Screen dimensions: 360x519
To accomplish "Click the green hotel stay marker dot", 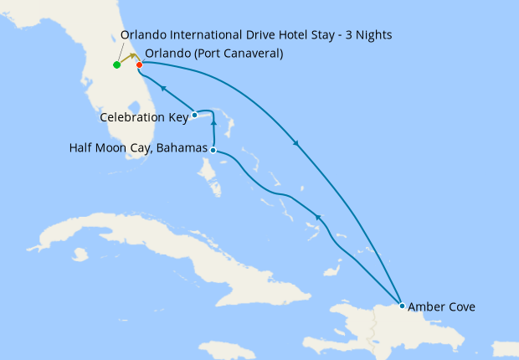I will (x=116, y=64).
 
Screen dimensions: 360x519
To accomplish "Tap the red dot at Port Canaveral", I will (x=139, y=64).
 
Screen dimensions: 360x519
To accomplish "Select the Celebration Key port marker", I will (x=194, y=115).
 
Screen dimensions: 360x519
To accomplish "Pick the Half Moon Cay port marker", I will (x=213, y=150).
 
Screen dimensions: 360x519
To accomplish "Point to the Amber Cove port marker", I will (x=403, y=306).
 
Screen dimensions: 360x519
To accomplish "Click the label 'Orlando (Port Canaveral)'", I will (x=213, y=54).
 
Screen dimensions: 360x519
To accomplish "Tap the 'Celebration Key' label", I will (x=144, y=117).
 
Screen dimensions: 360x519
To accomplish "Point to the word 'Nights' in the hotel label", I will (x=373, y=34).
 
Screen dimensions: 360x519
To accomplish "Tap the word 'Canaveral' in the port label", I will (x=251, y=54).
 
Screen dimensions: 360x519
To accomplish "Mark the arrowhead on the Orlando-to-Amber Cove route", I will (x=296, y=143).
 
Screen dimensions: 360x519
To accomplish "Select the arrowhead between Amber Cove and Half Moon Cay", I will (x=318, y=218).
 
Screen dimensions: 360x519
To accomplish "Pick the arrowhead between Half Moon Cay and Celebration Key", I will (x=214, y=123).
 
